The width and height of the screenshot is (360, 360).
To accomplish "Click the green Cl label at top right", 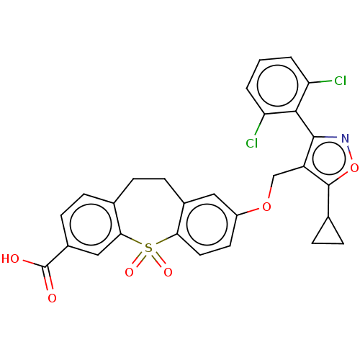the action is click(x=340, y=81).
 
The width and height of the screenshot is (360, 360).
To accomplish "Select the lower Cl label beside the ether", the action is click(x=251, y=143).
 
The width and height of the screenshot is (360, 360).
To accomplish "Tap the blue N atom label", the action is click(x=345, y=138).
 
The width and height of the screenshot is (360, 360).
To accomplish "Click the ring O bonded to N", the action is click(x=354, y=168).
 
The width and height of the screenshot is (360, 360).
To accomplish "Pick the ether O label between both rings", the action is click(x=266, y=207).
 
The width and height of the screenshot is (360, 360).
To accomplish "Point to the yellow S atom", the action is click(x=148, y=248).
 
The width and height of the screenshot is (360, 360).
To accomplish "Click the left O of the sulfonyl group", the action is click(x=129, y=272).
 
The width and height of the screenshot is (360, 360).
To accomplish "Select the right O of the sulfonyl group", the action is click(x=168, y=272).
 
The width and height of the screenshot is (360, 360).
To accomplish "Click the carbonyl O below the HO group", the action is click(x=52, y=298).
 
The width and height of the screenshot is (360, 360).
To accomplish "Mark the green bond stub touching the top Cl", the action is click(x=325, y=81).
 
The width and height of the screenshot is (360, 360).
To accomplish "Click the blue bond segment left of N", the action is click(x=331, y=137).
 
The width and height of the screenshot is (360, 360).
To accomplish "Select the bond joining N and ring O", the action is click(x=349, y=153).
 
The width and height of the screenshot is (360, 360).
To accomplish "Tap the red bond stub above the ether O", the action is click(x=269, y=194).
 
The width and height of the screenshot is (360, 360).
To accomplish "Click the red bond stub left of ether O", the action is click(x=253, y=210).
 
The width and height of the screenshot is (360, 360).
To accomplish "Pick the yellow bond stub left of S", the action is click(x=138, y=243).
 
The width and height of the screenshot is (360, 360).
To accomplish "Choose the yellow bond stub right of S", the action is click(x=160, y=242).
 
